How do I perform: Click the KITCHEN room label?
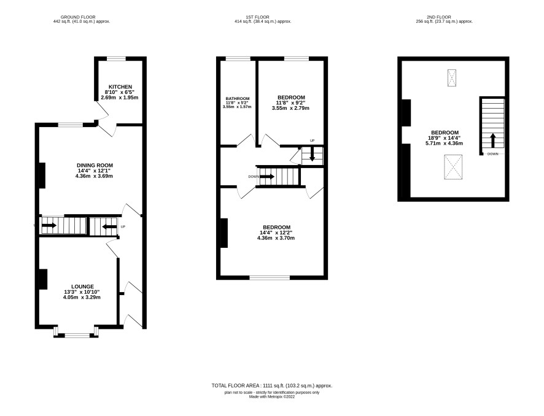coord(120,87)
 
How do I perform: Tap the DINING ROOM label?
coord(95,166)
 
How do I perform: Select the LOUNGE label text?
coord(82,287)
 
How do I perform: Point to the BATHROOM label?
coord(237,98)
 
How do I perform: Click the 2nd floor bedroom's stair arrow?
coord(492,141)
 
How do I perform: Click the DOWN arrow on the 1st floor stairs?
coord(267,177)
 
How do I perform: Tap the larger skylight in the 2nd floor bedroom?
coord(454,167)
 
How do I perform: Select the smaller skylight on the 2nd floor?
coord(452,78)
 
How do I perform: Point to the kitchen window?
coord(116,58)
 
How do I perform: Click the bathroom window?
coord(238,58)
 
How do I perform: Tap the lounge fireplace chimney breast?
coord(43,279)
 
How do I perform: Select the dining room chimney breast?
coord(42,175)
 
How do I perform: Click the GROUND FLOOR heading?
coord(78,17)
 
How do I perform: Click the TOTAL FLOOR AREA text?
coord(272,385)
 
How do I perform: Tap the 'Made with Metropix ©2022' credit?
coord(272,397)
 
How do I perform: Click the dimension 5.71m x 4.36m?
coord(444,143)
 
